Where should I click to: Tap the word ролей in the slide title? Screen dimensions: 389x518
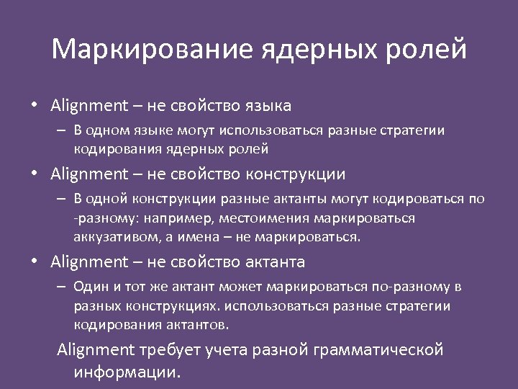point(430,50)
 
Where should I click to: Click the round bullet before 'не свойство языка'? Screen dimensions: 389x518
point(34,106)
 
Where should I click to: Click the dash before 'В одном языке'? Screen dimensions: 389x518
point(63,131)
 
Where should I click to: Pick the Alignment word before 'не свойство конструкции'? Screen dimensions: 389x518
point(88,174)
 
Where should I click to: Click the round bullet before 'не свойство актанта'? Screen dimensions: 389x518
point(34,261)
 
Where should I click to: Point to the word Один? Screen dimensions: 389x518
point(90,287)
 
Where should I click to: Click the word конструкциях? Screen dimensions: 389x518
point(163,306)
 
